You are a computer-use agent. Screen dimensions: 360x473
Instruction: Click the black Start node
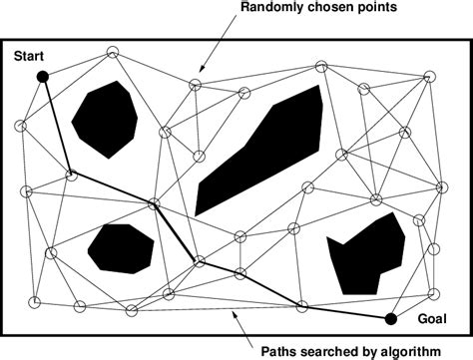43,77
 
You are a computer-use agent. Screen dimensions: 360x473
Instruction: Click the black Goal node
391,319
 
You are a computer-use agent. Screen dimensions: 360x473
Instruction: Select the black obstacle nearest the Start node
106,119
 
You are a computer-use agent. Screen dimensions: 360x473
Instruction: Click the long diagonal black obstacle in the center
259,150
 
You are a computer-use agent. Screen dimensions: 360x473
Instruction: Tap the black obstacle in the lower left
121,247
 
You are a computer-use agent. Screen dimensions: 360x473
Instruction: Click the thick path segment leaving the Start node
56,125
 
